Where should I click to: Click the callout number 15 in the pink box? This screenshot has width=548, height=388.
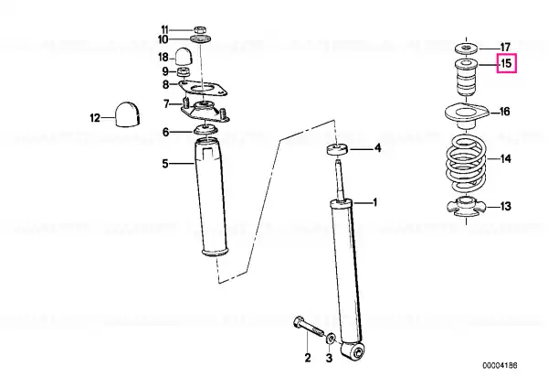coord(506,64)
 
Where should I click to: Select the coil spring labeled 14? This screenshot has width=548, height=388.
coord(467,164)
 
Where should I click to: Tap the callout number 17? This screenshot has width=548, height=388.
coord(505,47)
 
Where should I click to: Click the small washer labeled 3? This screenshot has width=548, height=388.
coord(331,339)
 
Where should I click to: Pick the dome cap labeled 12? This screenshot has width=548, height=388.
coord(127,114)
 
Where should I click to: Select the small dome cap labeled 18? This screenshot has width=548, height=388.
coord(184,56)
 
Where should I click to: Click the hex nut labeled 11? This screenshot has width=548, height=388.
coord(199,30)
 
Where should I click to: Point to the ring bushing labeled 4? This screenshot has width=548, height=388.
coord(337,149)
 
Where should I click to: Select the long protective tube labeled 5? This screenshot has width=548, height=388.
coord(212,197)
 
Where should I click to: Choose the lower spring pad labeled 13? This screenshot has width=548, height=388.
coord(466,206)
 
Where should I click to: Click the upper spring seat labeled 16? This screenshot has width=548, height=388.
coord(466,116)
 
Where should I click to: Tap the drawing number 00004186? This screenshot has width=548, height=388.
coord(500,366)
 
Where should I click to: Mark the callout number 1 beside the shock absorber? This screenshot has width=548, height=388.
coord(375,202)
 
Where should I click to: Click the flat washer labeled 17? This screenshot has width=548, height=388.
coord(467,48)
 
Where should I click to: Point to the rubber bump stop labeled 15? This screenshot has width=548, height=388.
coord(467,78)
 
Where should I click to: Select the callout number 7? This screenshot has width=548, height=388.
coord(166,104)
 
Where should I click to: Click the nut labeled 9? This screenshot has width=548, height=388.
coord(184,72)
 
